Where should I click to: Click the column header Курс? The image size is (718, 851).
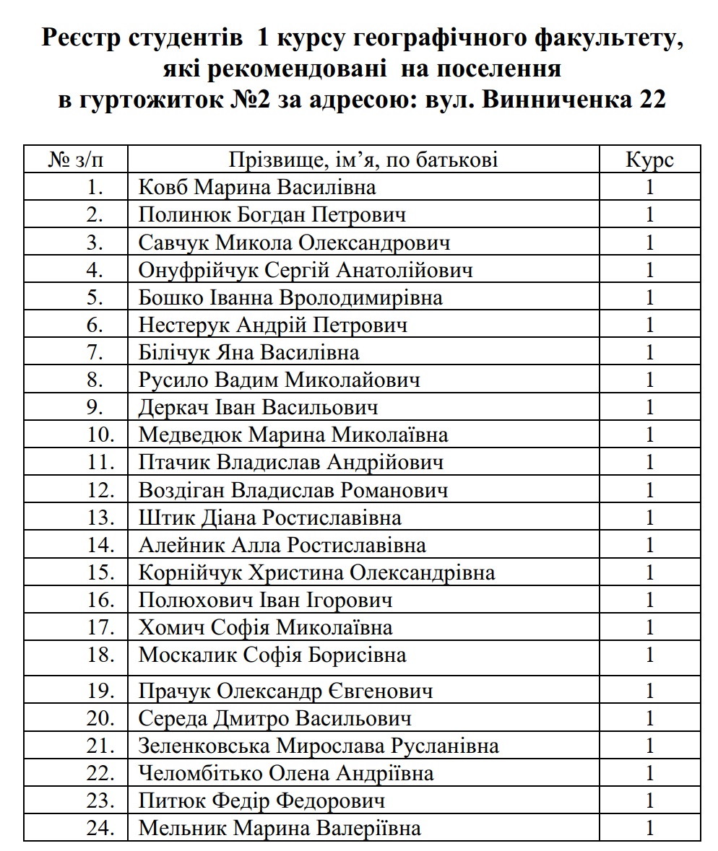[x=649, y=160]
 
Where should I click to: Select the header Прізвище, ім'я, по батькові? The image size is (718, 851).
[x=363, y=160]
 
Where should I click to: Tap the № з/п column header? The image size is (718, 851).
[x=76, y=160]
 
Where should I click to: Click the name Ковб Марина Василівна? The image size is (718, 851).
[x=257, y=188]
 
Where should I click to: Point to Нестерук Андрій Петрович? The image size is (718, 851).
[x=272, y=325]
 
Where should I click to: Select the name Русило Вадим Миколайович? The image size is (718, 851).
[x=279, y=380]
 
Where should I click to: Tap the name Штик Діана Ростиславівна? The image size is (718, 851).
[x=269, y=518]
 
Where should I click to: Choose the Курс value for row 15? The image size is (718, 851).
[x=649, y=572]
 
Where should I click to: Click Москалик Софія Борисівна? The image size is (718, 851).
[x=272, y=655]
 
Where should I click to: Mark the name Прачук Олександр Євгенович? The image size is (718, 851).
[x=285, y=691]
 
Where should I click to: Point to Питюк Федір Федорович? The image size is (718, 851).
[x=261, y=800]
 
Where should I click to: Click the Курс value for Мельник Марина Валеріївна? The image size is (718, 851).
[x=649, y=828]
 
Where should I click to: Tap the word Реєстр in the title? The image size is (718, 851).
[x=81, y=38]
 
